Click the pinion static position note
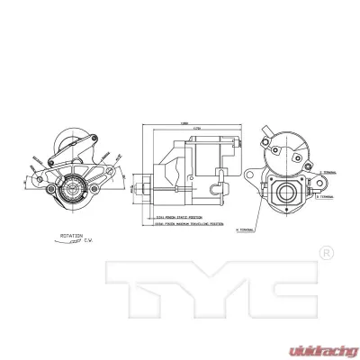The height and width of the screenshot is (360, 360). click(x=175, y=217)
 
